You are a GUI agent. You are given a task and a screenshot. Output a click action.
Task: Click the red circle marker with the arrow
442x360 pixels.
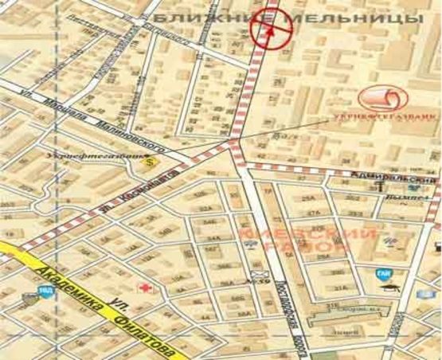272,31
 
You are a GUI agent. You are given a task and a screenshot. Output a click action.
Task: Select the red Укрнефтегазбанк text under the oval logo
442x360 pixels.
384,118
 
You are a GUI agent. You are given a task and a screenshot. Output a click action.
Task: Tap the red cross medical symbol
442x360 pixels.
146,285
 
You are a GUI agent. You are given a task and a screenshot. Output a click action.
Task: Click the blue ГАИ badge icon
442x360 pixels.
381,273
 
